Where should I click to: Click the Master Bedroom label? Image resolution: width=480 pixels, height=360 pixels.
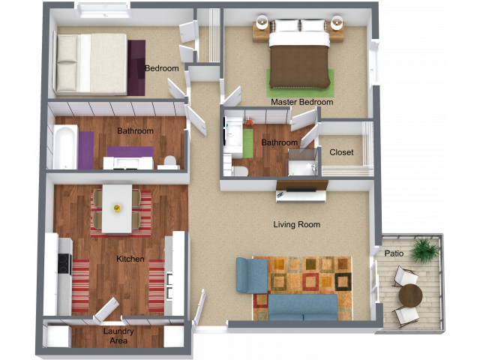pyautogui.click(x=302, y=102)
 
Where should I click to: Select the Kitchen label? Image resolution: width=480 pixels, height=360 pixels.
pyautogui.click(x=130, y=259)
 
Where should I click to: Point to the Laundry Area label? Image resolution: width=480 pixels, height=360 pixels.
pyautogui.click(x=118, y=335)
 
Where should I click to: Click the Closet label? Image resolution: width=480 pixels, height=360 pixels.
pyautogui.click(x=341, y=152)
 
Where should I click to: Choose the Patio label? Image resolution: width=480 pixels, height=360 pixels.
pyautogui.click(x=394, y=253)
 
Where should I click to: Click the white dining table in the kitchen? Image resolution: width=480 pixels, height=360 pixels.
pyautogui.click(x=116, y=208)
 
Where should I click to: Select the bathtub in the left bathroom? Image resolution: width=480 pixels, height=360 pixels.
pyautogui.click(x=64, y=148)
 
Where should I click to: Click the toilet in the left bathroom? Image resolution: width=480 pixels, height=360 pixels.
pyautogui.click(x=170, y=160)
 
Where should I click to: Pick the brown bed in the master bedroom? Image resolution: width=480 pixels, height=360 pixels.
pyautogui.click(x=298, y=59)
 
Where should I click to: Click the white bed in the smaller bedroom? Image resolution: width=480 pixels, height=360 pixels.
pyautogui.click(x=90, y=64)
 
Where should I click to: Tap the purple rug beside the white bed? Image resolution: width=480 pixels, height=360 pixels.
pyautogui.click(x=137, y=67)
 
